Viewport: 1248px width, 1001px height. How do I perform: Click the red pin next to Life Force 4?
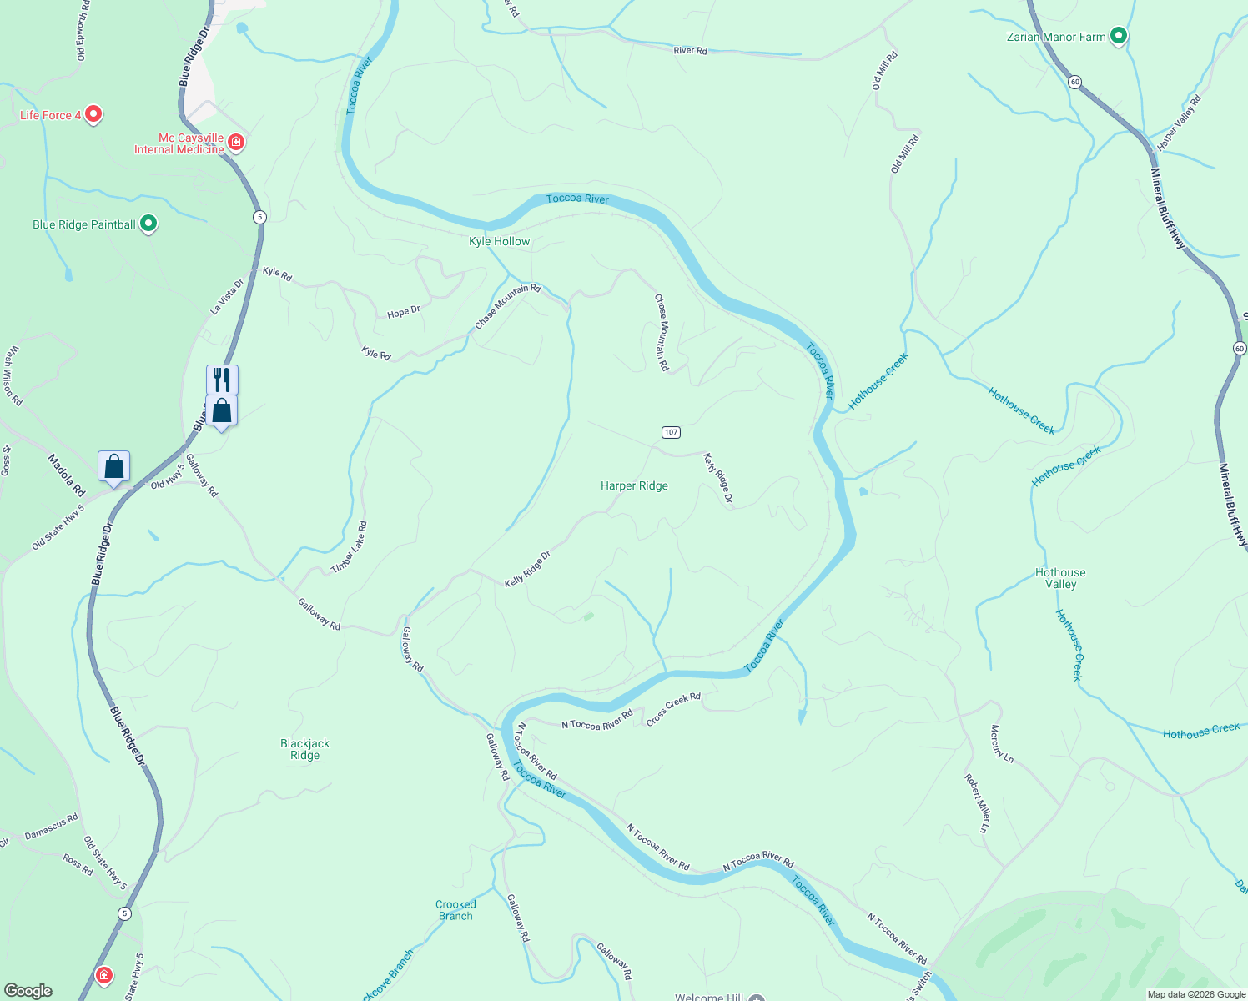pyautogui.click(x=93, y=114)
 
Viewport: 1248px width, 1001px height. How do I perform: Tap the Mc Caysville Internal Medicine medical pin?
pyautogui.click(x=236, y=143)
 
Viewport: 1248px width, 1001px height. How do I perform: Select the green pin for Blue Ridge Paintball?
pyautogui.click(x=148, y=224)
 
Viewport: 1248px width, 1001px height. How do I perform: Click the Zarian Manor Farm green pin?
pyautogui.click(x=1120, y=36)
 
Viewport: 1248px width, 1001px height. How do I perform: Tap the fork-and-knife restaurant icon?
pyautogui.click(x=222, y=380)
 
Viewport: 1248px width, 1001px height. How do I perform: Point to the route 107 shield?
pyautogui.click(x=671, y=432)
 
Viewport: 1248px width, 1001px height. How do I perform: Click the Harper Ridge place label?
pyautogui.click(x=634, y=485)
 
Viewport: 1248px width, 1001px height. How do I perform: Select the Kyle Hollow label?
pyautogui.click(x=499, y=241)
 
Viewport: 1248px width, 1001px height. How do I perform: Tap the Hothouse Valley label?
pyautogui.click(x=1060, y=578)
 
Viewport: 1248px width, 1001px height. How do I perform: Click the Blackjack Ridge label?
pyautogui.click(x=305, y=749)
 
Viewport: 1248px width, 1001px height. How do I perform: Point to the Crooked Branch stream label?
pyautogui.click(x=455, y=910)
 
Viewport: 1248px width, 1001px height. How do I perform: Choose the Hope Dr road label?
pyautogui.click(x=404, y=312)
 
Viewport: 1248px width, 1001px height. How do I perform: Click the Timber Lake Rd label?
pyautogui.click(x=350, y=547)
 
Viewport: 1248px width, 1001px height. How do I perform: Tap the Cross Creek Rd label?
pyautogui.click(x=673, y=709)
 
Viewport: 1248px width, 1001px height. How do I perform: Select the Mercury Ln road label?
pyautogui.click(x=1001, y=744)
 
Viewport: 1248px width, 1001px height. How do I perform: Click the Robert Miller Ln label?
pyautogui.click(x=977, y=803)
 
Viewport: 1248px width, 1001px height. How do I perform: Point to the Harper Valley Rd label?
pyautogui.click(x=1179, y=123)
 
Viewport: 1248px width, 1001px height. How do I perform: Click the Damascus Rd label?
pyautogui.click(x=52, y=827)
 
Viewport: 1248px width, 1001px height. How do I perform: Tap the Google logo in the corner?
pyautogui.click(x=28, y=991)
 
